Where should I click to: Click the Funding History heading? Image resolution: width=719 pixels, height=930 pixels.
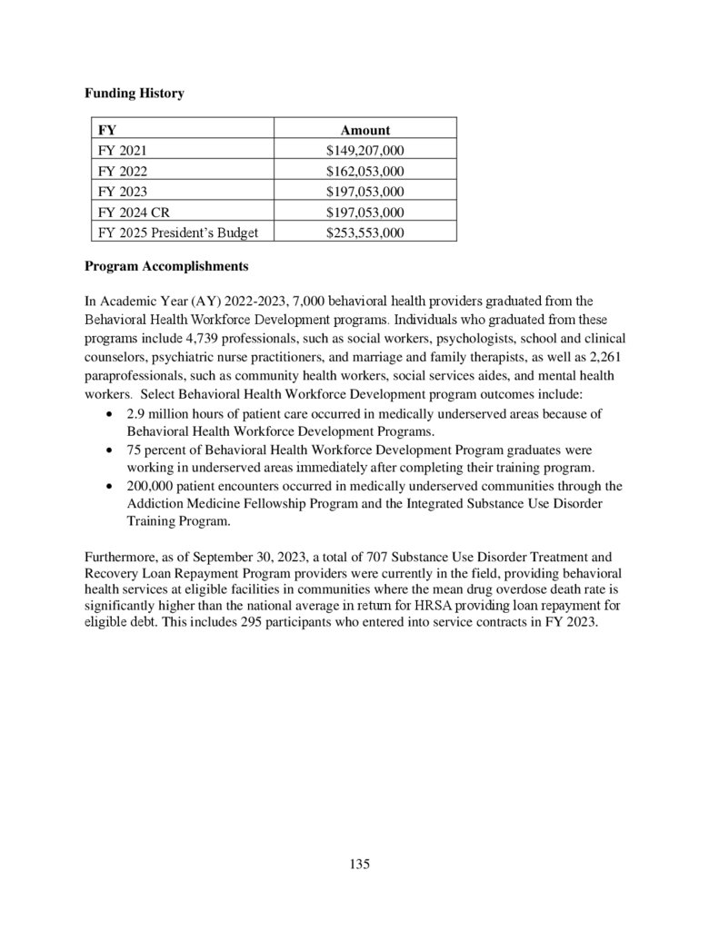point(134,94)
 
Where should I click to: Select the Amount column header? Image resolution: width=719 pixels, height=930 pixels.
point(364,130)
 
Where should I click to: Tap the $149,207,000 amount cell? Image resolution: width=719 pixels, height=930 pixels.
point(364,150)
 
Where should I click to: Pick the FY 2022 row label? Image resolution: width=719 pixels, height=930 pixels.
point(121,171)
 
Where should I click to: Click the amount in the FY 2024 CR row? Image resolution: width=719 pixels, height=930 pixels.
point(364,213)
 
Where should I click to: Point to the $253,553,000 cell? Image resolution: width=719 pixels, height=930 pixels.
point(364,232)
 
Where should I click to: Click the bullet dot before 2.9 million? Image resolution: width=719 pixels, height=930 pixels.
point(110,414)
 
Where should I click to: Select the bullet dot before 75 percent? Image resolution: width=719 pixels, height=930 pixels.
point(110,450)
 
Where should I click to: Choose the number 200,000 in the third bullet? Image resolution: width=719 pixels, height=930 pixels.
point(152,486)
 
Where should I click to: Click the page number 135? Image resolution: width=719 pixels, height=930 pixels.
point(359,864)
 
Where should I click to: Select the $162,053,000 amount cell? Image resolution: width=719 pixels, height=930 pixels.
point(364,171)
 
